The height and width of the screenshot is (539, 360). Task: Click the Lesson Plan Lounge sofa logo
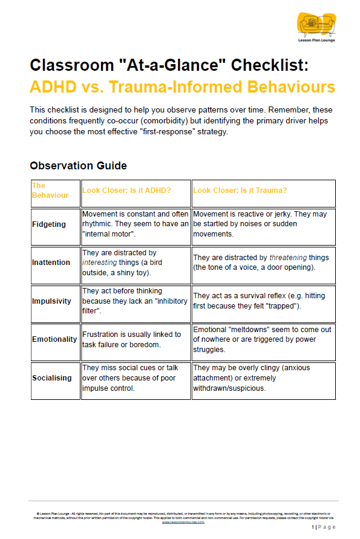pyautogui.click(x=316, y=25)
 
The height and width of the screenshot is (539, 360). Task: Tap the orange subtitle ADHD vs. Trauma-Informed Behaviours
pyautogui.click(x=182, y=87)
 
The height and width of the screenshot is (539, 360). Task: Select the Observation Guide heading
pyautogui.click(x=78, y=165)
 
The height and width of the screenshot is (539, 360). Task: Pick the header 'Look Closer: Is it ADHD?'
pyautogui.click(x=126, y=191)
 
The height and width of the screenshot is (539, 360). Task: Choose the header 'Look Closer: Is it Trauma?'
pyautogui.click(x=240, y=191)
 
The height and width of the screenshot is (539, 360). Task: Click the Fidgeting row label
pyautogui.click(x=49, y=224)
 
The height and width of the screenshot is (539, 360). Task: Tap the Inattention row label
pyautogui.click(x=51, y=263)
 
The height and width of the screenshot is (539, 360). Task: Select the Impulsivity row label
pyautogui.click(x=51, y=301)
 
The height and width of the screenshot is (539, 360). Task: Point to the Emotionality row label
pyautogui.click(x=54, y=339)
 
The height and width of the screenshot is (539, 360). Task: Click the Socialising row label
pyautogui.click(x=52, y=378)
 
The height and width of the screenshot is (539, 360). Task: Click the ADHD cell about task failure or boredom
pyautogui.click(x=131, y=339)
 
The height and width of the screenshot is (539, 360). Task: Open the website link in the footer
pyautogui.click(x=183, y=522)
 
